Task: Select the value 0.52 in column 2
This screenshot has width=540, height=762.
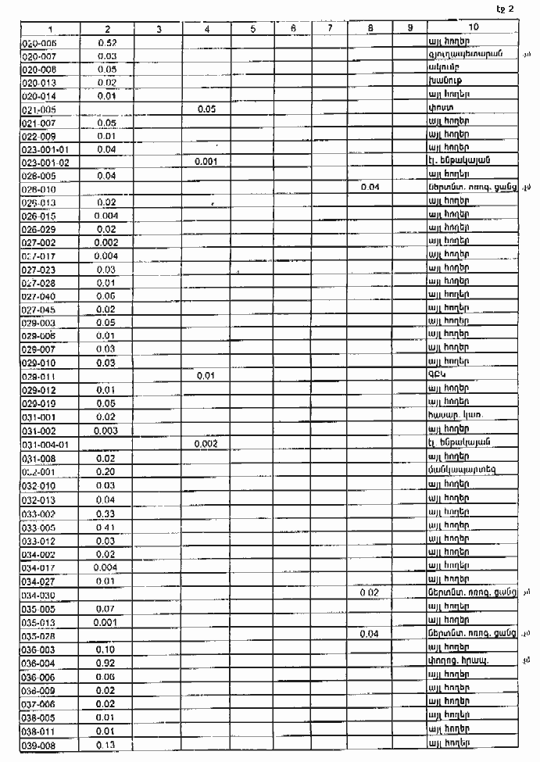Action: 108,43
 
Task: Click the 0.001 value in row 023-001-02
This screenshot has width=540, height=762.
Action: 206,163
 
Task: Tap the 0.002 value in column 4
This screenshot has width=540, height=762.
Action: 206,444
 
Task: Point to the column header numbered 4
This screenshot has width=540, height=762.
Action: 206,28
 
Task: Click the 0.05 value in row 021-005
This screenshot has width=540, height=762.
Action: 206,109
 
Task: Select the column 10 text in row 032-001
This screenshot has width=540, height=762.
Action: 462,470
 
